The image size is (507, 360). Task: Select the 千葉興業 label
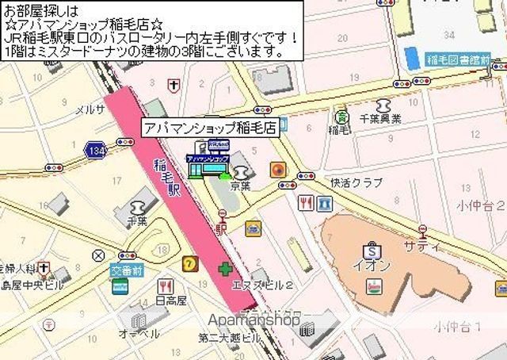tap(381, 119)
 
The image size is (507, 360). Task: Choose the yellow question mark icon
tap(189, 263)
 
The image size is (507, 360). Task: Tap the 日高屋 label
tap(170, 301)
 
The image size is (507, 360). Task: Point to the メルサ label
tap(89, 109)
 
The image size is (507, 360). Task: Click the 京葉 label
tap(241, 186)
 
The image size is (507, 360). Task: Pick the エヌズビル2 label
tap(264, 285)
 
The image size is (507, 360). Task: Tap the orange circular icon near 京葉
tap(277, 170)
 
